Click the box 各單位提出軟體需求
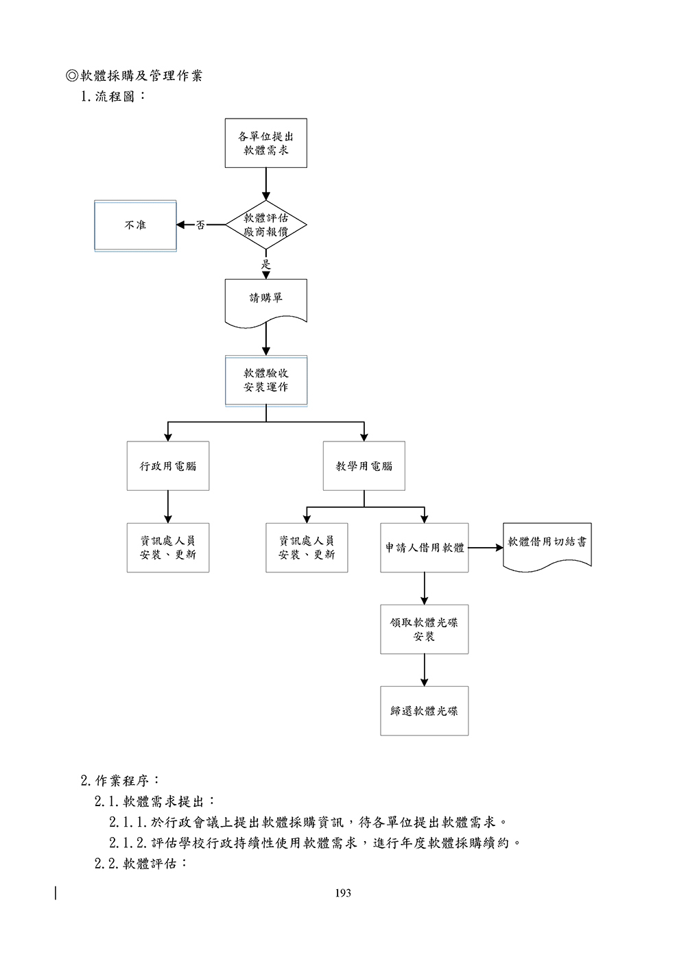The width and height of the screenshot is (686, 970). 265,143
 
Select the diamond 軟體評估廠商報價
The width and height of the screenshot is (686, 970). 265,225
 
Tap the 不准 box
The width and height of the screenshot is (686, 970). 135,225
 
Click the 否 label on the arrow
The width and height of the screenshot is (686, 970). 200,225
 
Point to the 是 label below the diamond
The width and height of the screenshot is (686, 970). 266,264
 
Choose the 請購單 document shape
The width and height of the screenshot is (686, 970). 265,299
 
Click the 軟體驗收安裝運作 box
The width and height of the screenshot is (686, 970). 265,380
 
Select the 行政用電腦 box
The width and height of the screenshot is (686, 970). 167,465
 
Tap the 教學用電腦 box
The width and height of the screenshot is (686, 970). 364,465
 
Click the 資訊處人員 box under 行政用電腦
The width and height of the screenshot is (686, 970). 167,548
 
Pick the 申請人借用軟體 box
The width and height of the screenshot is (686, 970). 424,548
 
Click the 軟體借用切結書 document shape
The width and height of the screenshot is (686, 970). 547,543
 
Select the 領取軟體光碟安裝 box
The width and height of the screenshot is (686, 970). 424,629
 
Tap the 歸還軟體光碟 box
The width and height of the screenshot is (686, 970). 424,711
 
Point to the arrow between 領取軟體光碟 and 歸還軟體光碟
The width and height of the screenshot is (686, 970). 424,670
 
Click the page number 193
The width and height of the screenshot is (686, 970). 343,893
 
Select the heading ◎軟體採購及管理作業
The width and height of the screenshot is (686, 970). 134,75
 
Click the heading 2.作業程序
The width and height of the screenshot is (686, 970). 121,780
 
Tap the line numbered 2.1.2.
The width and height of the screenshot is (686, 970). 316,842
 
